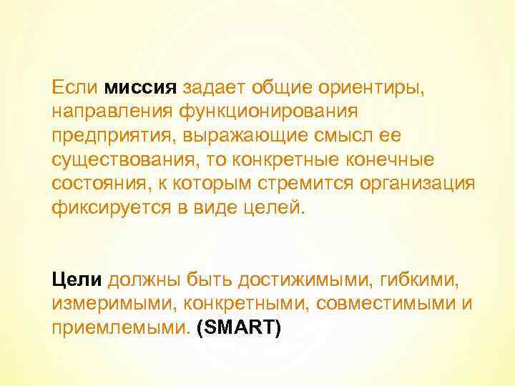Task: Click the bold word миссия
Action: click(140, 88)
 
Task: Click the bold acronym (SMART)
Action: click(239, 325)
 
